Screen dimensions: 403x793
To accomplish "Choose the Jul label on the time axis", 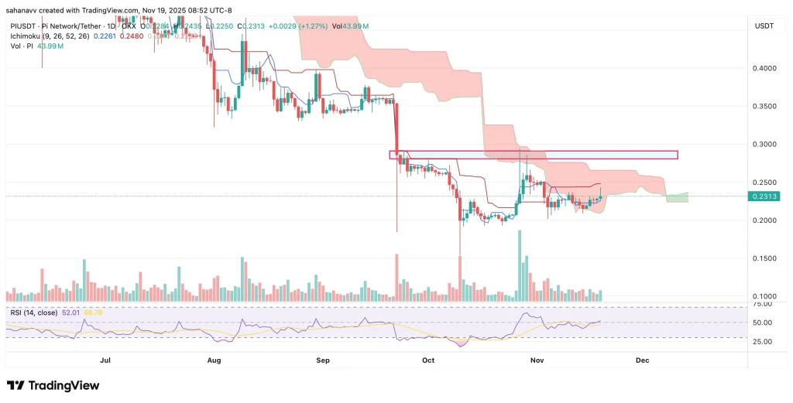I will click(x=106, y=360).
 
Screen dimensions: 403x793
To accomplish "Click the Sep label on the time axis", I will click(x=323, y=360).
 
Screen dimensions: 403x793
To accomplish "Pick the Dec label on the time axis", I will click(x=642, y=360).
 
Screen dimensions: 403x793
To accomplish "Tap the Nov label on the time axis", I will click(x=535, y=360).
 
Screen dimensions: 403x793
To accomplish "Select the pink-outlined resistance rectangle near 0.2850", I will click(x=533, y=155).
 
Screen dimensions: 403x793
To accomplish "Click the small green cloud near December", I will click(x=677, y=197).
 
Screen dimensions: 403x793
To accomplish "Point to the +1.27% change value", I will click(x=304, y=26).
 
